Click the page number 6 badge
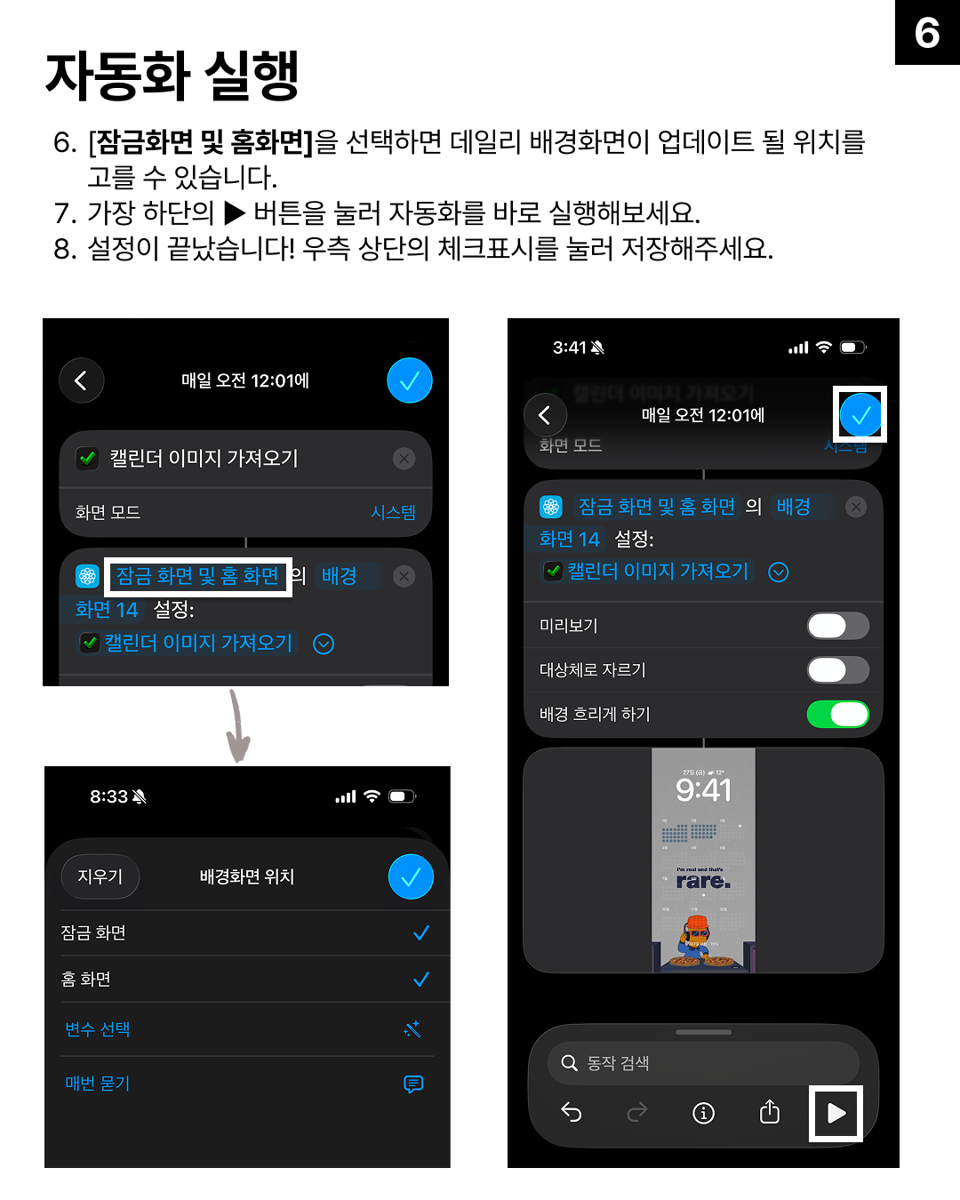[927, 33]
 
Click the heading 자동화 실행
[172, 76]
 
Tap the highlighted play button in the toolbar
[836, 1113]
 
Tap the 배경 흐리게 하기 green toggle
[837, 714]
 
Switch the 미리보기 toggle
[837, 626]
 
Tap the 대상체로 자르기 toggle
[837, 670]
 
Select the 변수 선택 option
[98, 1029]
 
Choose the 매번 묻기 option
[98, 1084]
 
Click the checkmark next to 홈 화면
[421, 980]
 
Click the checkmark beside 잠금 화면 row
[421, 933]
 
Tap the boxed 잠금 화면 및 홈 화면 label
[198, 577]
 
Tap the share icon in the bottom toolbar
[770, 1113]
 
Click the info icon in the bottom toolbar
[703, 1113]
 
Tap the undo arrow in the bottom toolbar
[572, 1113]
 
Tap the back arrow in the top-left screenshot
[81, 380]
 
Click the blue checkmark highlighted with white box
[860, 414]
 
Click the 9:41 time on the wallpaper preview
[703, 790]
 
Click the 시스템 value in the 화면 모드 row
[393, 513]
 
